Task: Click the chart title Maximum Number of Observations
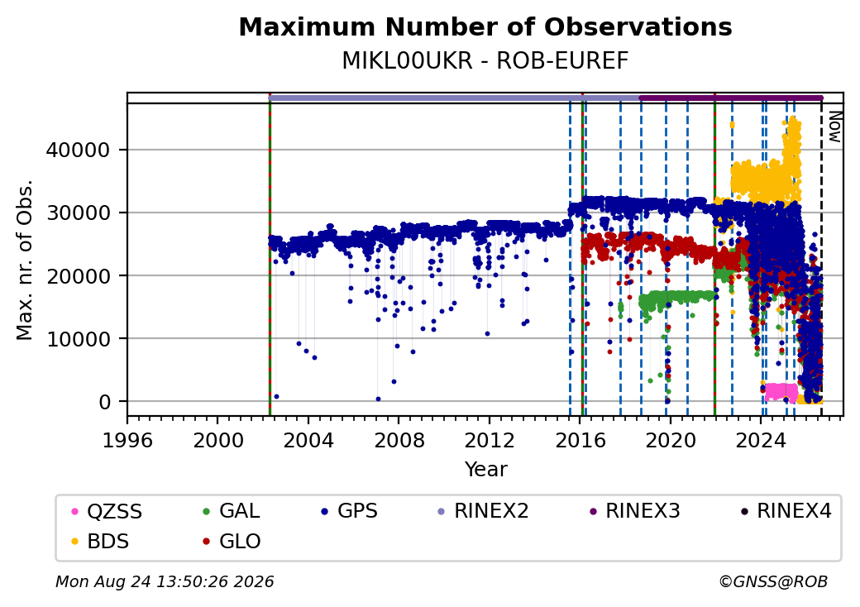point(485,26)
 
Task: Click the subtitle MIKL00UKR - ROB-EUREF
point(485,61)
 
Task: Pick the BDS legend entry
point(101,542)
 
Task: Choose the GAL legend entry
point(232,511)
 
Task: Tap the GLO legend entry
point(232,542)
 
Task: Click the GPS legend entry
point(349,511)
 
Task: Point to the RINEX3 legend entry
point(634,511)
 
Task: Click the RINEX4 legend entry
point(786,511)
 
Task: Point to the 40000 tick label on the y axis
point(79,151)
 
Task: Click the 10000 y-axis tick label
point(79,339)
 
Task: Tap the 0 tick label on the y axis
point(105,402)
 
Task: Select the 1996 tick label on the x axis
point(128,440)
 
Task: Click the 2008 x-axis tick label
point(399,440)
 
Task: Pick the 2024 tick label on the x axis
point(760,440)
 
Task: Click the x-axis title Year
point(486,470)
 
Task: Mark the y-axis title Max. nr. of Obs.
point(25,260)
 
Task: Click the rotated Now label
point(834,127)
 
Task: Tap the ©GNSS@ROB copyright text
point(773,581)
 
